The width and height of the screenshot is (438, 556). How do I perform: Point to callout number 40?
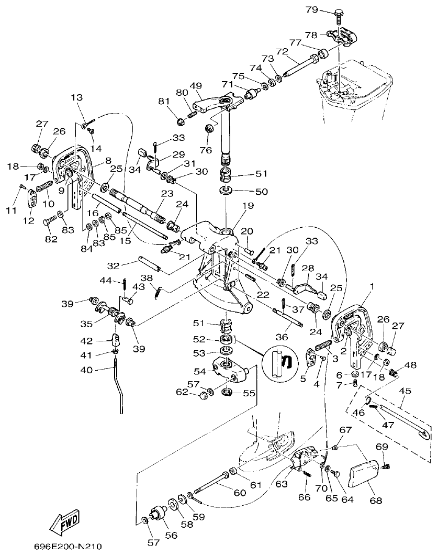pyautogui.click(x=86, y=370)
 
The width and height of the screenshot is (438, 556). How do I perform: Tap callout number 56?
pyautogui.click(x=171, y=535)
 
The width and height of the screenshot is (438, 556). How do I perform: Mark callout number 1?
pyautogui.click(x=372, y=286)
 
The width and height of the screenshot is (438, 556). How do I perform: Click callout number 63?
pyautogui.click(x=282, y=484)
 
